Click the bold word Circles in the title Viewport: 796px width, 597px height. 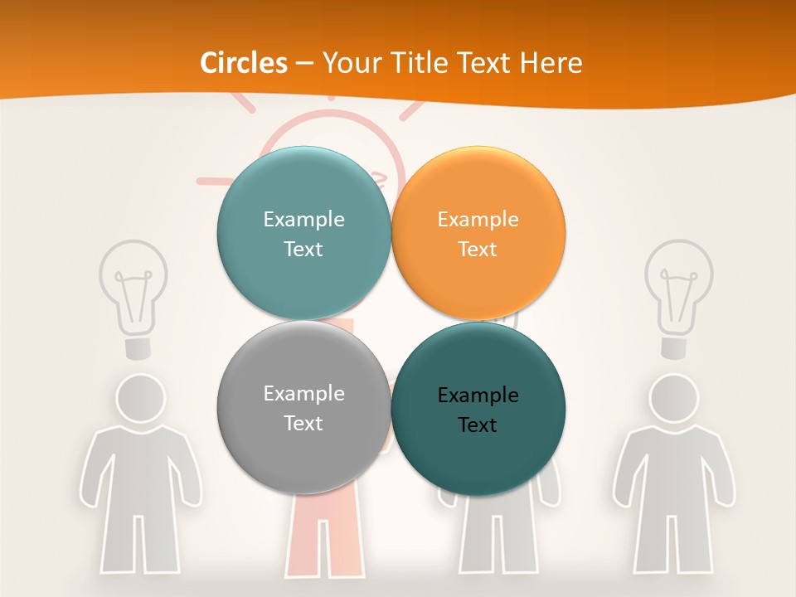[x=244, y=63]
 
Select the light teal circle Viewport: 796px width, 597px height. [x=303, y=234]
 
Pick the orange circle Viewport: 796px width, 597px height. [x=478, y=234]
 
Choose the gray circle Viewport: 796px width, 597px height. [x=303, y=408]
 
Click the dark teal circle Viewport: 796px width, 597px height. [x=478, y=410]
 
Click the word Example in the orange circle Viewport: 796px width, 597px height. [x=478, y=220]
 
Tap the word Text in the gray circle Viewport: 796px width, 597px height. [x=303, y=423]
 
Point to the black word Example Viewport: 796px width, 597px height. [x=478, y=396]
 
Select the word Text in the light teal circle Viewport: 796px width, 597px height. [x=303, y=249]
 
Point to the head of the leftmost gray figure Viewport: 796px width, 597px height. [x=139, y=397]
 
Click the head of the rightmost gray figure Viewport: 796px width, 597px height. [x=673, y=397]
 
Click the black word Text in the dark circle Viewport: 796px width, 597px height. [x=478, y=425]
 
